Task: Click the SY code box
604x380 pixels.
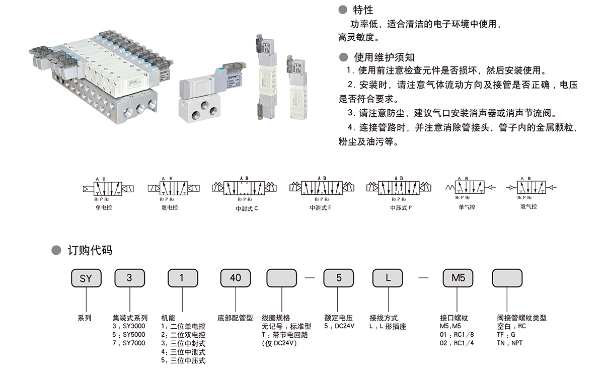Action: tap(86, 278)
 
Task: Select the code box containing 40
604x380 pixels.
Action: tap(235, 278)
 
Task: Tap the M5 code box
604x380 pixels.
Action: tap(457, 278)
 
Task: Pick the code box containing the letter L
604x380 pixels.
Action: tap(388, 278)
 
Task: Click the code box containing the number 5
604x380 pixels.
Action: tap(338, 278)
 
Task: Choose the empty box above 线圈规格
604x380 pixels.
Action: tap(281, 278)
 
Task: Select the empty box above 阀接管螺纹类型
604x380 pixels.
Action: tap(506, 278)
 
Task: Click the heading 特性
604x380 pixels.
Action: tap(363, 10)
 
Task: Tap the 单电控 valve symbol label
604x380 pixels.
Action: tap(103, 207)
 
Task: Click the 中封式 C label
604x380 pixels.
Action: tap(247, 208)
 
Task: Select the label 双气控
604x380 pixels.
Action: tap(528, 206)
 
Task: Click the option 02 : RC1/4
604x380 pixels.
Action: tap(457, 343)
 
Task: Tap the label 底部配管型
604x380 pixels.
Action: tap(235, 318)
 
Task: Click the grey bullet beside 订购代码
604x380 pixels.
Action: tap(56, 251)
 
